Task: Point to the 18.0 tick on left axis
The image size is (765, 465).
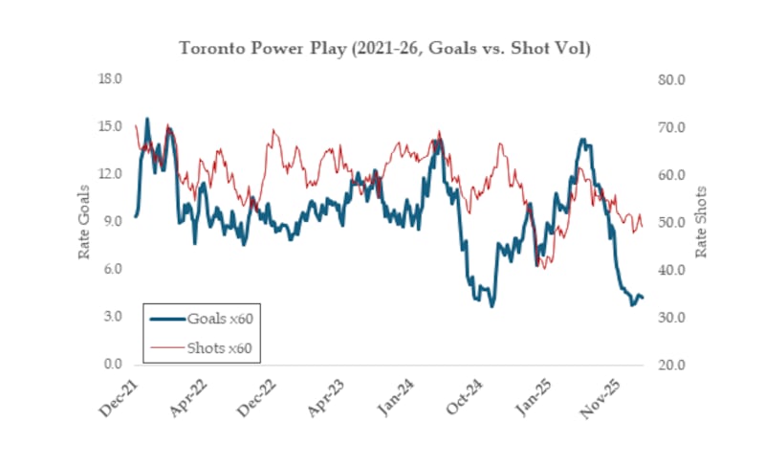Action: [x=111, y=78]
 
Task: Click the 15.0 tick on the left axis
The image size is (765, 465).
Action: [x=111, y=126]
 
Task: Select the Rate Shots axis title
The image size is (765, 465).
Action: [x=701, y=221]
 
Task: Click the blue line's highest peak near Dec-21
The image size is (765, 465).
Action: [x=147, y=119]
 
